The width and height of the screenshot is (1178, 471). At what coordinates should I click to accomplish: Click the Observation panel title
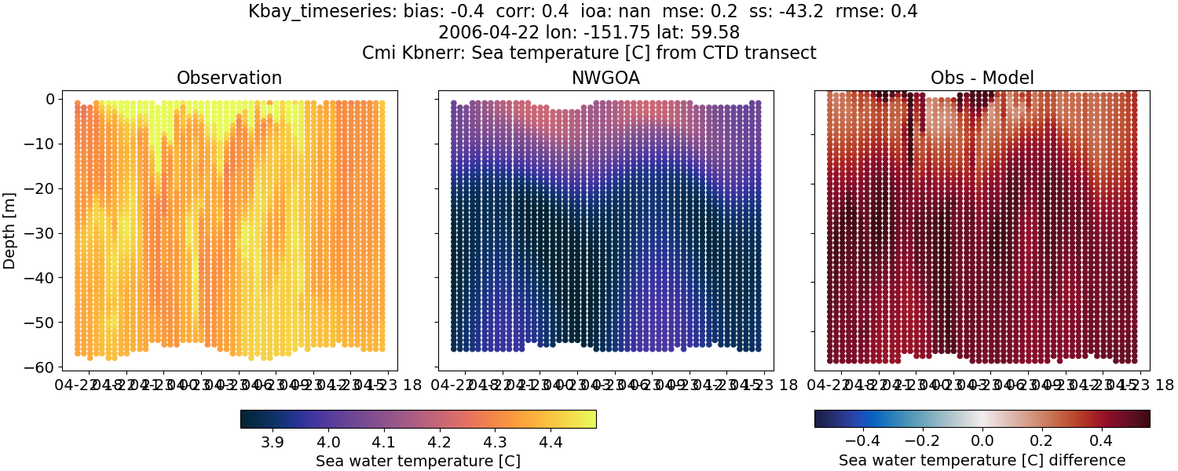(229, 78)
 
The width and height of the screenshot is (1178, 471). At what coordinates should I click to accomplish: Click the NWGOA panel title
(605, 78)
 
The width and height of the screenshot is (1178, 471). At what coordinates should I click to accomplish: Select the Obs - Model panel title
(982, 78)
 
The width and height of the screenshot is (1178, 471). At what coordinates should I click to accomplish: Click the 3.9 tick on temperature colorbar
(272, 443)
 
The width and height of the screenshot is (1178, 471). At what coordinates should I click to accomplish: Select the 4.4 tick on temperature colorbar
(551, 443)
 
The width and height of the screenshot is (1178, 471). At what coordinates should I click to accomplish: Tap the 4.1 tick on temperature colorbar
(383, 443)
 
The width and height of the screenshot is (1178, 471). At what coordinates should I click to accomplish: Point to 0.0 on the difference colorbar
(982, 443)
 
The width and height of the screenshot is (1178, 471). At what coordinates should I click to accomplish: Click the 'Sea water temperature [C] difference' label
(982, 460)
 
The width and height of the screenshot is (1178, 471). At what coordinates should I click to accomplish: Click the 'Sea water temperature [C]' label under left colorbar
(418, 461)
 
